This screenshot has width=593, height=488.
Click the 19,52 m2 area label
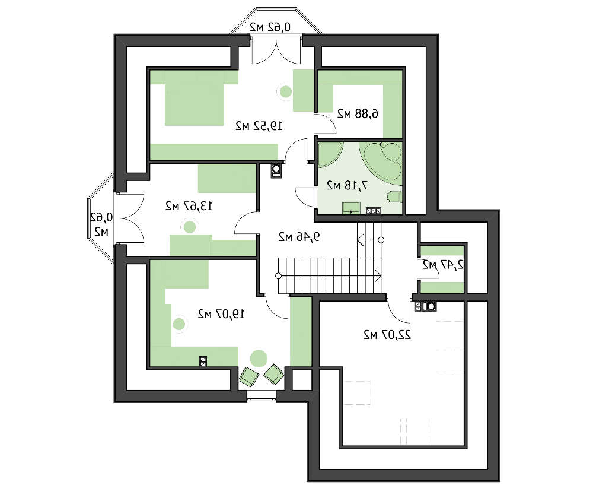[259, 126]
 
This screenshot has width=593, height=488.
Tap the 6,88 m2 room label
[358, 113]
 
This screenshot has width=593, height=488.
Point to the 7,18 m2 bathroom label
[347, 185]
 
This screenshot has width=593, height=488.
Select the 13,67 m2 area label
[189, 207]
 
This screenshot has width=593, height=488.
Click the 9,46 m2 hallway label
[299, 237]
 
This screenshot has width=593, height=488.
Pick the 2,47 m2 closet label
[442, 265]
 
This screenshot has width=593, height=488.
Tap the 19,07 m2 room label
[221, 314]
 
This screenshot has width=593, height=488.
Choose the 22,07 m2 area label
[387, 335]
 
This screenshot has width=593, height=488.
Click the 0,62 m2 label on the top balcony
[270, 27]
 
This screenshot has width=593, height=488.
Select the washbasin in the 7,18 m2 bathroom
[351, 208]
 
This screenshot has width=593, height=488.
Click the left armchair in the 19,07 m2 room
[249, 376]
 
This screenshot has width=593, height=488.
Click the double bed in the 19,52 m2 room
[195, 99]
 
